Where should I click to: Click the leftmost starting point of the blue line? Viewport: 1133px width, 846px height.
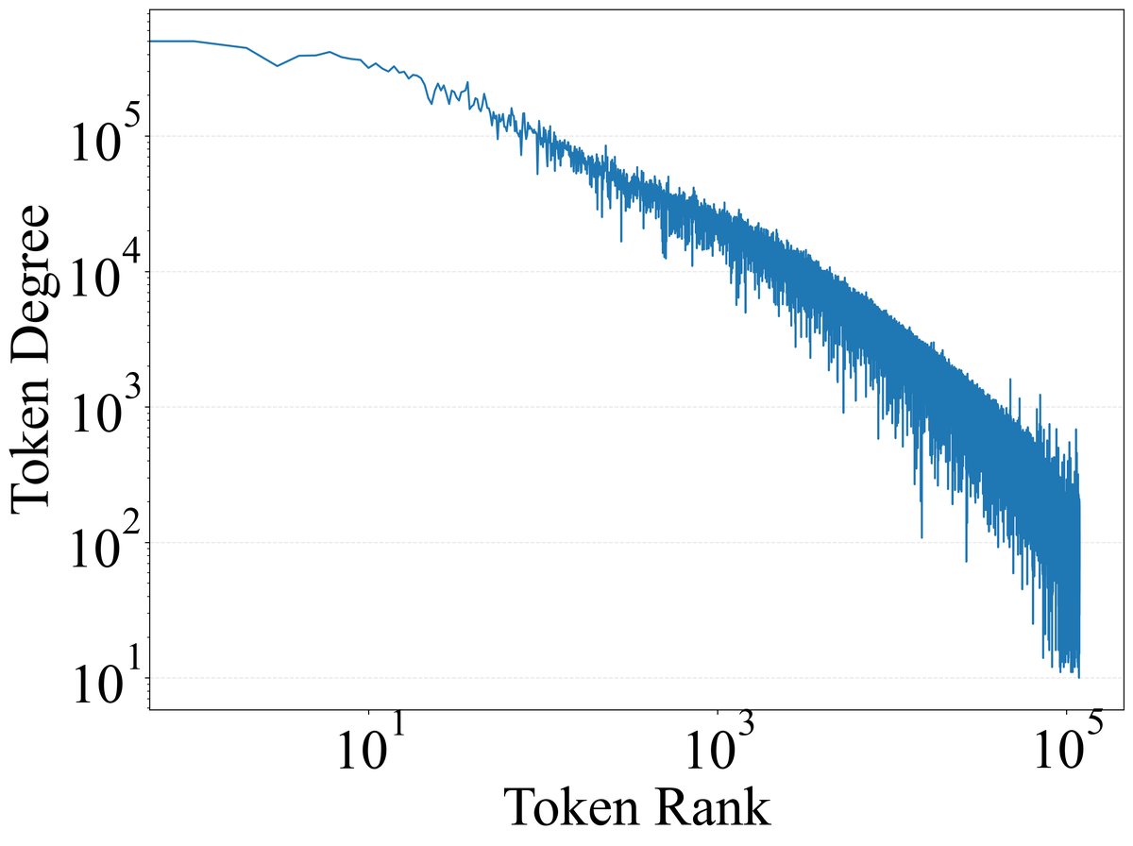tap(151, 42)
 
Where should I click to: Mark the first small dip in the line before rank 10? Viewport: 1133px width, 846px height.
tap(278, 66)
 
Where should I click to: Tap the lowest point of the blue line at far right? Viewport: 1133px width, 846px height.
tap(1078, 676)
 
